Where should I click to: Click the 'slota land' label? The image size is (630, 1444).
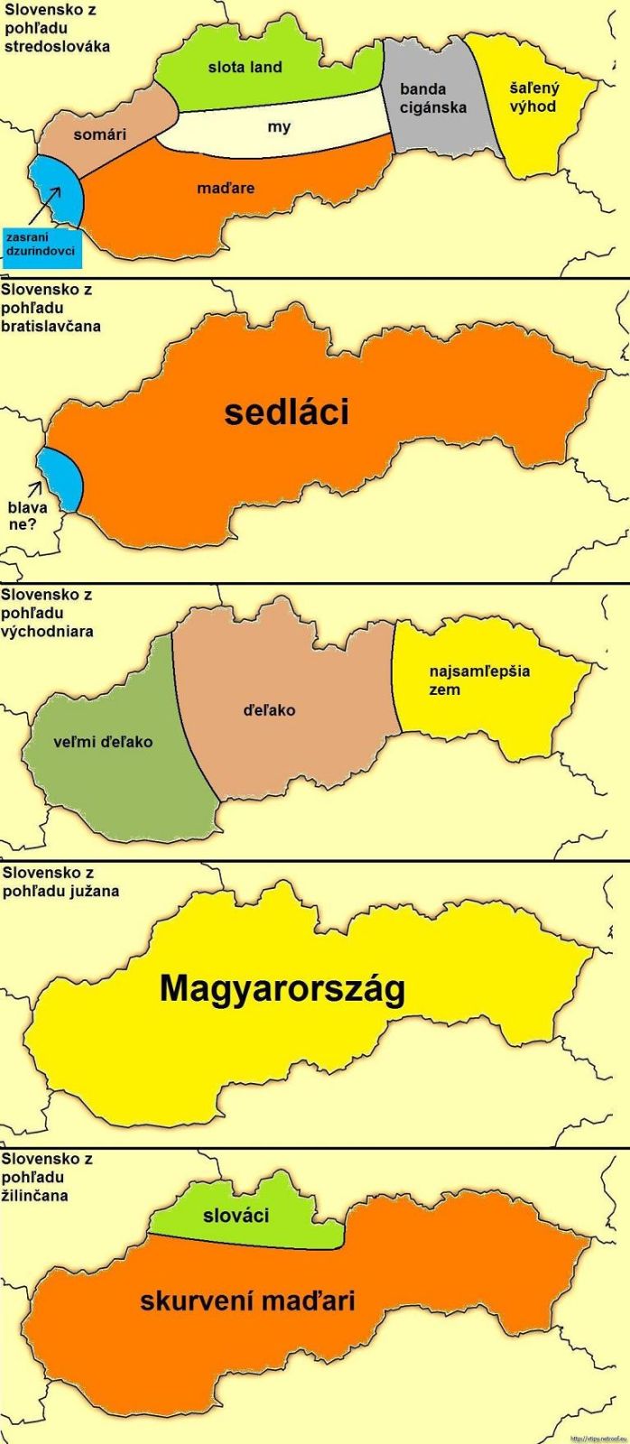[245, 67]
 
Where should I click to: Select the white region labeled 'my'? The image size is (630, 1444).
[279, 127]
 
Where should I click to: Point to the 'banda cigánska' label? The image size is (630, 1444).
[433, 98]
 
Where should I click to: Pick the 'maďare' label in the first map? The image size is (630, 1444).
[226, 189]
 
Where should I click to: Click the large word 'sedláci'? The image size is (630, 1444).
[286, 412]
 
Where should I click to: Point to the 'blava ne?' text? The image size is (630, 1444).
[27, 514]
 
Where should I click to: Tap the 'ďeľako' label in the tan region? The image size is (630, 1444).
[269, 710]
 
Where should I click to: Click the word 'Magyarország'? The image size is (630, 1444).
[283, 989]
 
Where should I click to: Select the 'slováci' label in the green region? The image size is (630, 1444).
[237, 1216]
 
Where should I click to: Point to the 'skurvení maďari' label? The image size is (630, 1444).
[247, 1301]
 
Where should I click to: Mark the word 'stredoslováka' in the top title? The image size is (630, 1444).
[56, 46]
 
